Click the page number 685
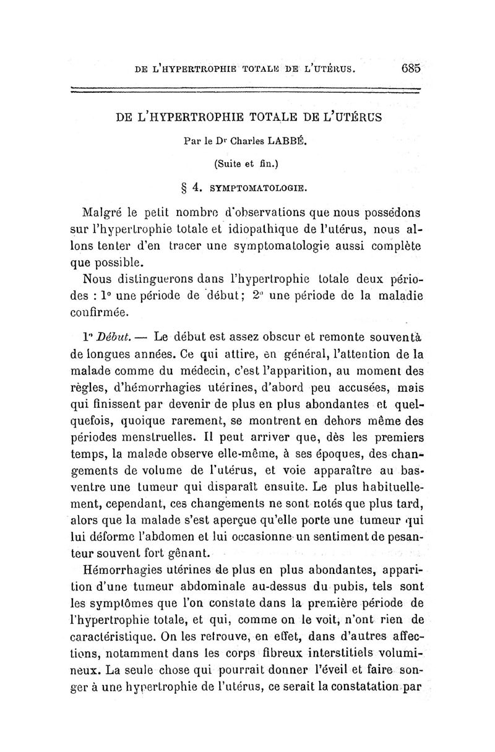(x=410, y=68)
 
